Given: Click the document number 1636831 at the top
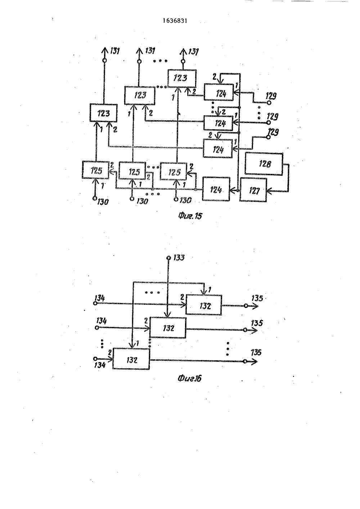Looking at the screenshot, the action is pyautogui.click(x=175, y=21).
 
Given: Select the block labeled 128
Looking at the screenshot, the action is pyautogui.click(x=264, y=164).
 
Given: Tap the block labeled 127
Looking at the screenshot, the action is pyautogui.click(x=253, y=190).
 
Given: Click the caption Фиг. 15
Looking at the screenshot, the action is pyautogui.click(x=190, y=216).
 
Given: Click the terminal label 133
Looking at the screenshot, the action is pyautogui.click(x=179, y=258).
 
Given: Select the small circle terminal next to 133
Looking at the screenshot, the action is pyautogui.click(x=168, y=258).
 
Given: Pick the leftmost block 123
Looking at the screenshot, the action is pyautogui.click(x=104, y=113).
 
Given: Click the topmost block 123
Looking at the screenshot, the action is pyautogui.click(x=182, y=78).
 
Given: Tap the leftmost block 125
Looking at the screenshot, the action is pyautogui.click(x=96, y=170).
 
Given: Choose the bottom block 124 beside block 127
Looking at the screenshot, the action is pyautogui.click(x=216, y=189).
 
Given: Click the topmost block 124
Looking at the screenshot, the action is pyautogui.click(x=219, y=92).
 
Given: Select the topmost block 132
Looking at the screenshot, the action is pyautogui.click(x=204, y=305).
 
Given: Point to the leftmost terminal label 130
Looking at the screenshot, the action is pyautogui.click(x=103, y=202).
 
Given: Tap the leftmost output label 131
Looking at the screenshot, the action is pyautogui.click(x=115, y=51).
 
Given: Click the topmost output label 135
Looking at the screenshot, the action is pyautogui.click(x=257, y=298).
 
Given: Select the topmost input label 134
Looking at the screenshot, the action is pyautogui.click(x=99, y=298).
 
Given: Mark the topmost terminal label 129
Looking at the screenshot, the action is pyautogui.click(x=271, y=96).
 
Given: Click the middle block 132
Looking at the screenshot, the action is pyautogui.click(x=168, y=328).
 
